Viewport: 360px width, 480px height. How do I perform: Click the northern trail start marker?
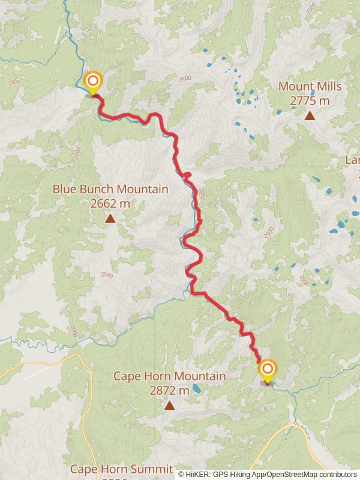point(93,81)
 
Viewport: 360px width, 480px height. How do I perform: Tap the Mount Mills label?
point(310,86)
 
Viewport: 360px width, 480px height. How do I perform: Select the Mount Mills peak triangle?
point(310,115)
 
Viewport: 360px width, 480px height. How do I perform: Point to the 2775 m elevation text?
point(310,101)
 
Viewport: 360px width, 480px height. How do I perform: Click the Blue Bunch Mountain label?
point(110,189)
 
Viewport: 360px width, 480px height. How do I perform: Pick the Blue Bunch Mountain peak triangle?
point(110,218)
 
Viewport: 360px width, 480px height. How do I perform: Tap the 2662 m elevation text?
point(110,203)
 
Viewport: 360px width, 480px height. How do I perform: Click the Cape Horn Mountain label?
point(170,376)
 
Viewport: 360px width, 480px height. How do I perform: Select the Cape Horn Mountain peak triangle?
point(170,406)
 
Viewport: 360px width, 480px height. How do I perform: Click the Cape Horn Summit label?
point(122,469)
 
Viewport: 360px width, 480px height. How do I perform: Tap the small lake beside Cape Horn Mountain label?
point(197,389)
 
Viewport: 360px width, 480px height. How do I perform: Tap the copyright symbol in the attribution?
point(181,474)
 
